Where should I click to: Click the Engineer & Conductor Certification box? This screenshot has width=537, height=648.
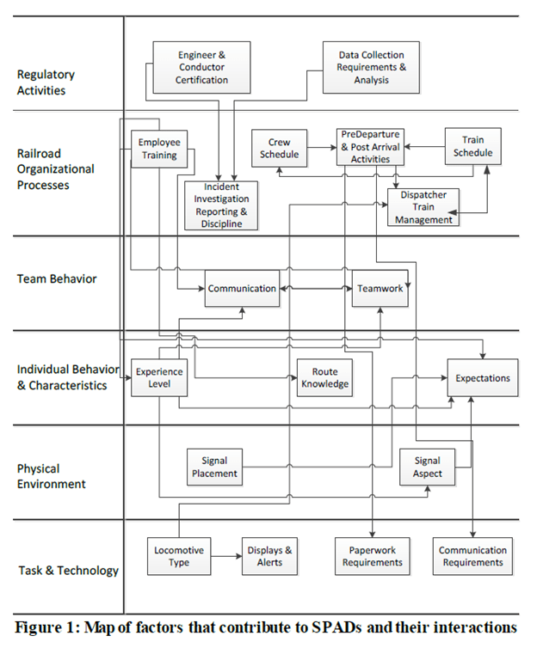coord(203,67)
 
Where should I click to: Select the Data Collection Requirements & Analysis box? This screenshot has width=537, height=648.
coord(371,67)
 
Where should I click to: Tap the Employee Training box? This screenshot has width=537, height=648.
coord(159,149)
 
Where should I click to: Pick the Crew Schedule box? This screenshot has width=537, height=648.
coord(279,149)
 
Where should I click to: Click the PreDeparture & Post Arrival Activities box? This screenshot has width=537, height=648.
coord(370,147)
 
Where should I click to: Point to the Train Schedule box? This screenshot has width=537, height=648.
coord(472,147)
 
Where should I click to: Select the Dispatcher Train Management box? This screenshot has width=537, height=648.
coord(423,207)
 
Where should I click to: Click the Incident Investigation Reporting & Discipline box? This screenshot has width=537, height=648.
coord(221,205)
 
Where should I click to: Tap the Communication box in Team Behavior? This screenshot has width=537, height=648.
coord(242,289)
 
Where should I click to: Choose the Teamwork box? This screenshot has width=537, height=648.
coord(380,289)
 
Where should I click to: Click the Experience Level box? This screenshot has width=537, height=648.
coord(159,377)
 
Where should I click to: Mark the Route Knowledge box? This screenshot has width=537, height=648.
coord(324,377)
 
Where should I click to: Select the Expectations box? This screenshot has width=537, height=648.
coord(482,378)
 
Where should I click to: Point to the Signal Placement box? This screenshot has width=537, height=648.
coord(214,468)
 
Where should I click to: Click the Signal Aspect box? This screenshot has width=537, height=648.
coord(428,468)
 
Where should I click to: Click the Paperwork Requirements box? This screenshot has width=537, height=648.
coord(372,556)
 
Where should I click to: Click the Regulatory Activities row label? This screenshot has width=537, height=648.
coord(46,83)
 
